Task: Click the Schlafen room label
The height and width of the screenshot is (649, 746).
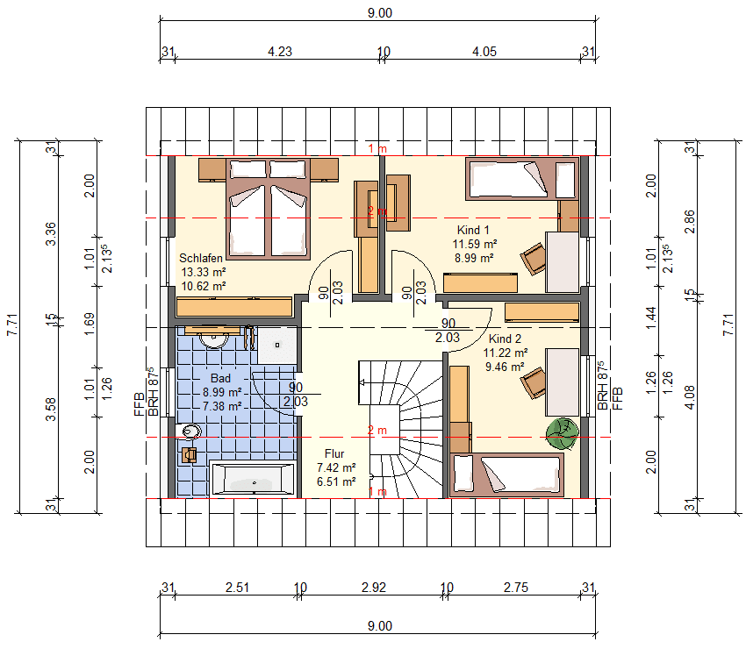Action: tap(201, 258)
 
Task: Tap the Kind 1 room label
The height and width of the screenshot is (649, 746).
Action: tap(473, 230)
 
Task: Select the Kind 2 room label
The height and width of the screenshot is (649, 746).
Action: tap(505, 339)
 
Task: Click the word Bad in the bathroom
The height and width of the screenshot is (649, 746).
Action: tap(221, 379)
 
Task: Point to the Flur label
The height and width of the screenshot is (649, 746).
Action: tap(334, 453)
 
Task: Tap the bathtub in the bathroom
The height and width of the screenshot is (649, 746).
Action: tap(253, 478)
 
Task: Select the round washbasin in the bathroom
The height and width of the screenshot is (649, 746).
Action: tap(213, 339)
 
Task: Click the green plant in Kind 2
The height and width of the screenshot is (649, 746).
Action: tap(562, 433)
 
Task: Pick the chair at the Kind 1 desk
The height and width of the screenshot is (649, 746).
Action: tap(534, 259)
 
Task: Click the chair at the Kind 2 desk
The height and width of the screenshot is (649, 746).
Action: tap(534, 382)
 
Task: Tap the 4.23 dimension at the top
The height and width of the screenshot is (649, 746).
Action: tap(280, 52)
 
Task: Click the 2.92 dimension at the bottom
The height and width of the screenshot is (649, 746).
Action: tap(374, 588)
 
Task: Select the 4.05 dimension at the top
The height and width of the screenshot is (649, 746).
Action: tap(484, 52)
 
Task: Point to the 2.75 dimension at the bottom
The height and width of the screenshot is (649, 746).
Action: tap(516, 588)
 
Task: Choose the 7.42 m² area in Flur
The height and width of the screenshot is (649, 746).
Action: tap(336, 467)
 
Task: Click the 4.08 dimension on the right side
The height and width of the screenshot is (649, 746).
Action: tap(689, 397)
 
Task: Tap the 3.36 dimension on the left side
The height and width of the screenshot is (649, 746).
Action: tap(50, 234)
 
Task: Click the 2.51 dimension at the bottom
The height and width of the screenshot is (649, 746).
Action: tap(238, 588)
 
